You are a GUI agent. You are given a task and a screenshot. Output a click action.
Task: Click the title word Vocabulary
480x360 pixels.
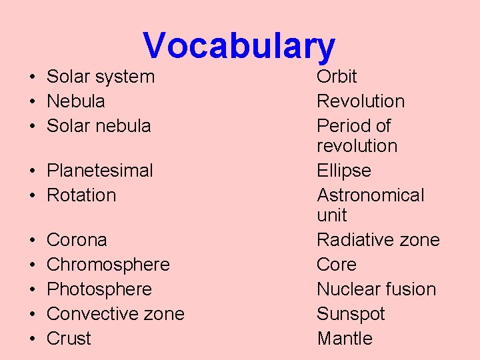pyautogui.click(x=239, y=45)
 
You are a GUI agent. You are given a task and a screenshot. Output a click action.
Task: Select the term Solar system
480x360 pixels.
pyautogui.click(x=100, y=77)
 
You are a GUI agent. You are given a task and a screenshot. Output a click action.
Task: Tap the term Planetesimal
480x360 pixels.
pyautogui.click(x=99, y=171)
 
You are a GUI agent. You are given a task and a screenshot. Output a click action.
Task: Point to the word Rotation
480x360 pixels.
pyautogui.click(x=81, y=195)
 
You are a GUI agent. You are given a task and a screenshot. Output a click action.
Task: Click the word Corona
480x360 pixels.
pyautogui.click(x=77, y=240)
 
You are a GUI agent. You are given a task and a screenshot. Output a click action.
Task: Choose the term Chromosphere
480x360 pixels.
pyautogui.click(x=108, y=265)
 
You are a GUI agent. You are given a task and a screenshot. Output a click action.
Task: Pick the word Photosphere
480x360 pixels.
pyautogui.click(x=99, y=289)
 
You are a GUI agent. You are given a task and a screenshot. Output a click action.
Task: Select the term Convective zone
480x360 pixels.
pyautogui.click(x=115, y=314)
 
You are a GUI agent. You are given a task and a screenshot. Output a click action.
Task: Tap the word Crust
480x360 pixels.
pyautogui.click(x=69, y=339)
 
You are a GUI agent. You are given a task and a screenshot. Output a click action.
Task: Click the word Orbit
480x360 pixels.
pyautogui.click(x=337, y=77)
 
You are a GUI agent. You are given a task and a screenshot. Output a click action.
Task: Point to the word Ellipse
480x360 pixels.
pyautogui.click(x=344, y=171)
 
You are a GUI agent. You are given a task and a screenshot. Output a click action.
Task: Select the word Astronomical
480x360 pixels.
pyautogui.click(x=370, y=195)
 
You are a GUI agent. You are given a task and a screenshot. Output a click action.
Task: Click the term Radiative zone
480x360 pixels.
pyautogui.click(x=378, y=240)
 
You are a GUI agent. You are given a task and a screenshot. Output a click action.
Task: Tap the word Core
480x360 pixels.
pyautogui.click(x=337, y=265)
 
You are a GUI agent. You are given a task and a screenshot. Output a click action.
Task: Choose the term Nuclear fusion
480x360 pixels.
pyautogui.click(x=376, y=289)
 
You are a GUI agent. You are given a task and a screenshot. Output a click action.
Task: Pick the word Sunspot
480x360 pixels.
pyautogui.click(x=351, y=314)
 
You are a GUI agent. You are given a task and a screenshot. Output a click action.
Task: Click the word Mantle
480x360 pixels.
pyautogui.click(x=345, y=339)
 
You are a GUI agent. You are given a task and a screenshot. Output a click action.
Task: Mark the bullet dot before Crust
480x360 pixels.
pyautogui.click(x=32, y=339)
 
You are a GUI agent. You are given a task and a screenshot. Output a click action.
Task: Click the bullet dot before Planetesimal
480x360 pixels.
pyautogui.click(x=32, y=171)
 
